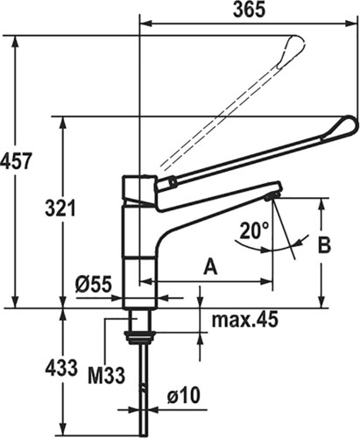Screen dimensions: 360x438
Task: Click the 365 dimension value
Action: point(250,10)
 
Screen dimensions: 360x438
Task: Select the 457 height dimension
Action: point(16,161)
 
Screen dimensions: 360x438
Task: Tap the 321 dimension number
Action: point(60,208)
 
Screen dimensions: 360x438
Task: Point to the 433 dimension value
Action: point(61,368)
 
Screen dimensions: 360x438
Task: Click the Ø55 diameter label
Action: point(94,284)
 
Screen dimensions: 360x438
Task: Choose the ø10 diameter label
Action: point(184,396)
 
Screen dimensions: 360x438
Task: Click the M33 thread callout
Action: point(107,375)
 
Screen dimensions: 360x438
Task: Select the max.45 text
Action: point(244,320)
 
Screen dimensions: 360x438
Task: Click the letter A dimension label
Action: point(210,266)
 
